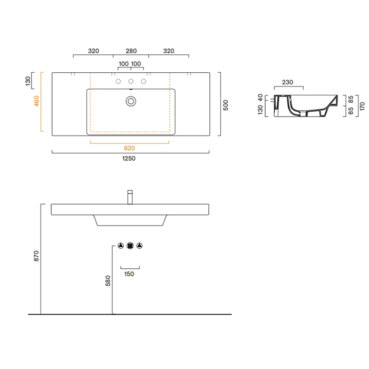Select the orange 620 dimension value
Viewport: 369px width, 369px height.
coord(130,148)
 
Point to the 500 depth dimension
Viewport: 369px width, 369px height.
coord(226,105)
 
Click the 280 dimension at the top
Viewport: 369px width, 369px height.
coord(131,51)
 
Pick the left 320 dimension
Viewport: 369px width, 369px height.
coord(93,51)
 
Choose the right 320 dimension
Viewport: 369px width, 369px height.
coord(169,51)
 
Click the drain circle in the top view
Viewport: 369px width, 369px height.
coord(130,100)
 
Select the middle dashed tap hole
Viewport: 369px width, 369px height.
coord(130,81)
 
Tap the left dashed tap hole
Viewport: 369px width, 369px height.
coord(118,81)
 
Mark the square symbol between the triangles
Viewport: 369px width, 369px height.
coord(130,246)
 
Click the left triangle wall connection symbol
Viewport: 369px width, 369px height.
coord(120,246)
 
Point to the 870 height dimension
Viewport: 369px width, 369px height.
coord(36,256)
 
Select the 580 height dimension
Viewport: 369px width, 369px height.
coord(108,280)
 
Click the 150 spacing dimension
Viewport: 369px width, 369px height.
coord(129,274)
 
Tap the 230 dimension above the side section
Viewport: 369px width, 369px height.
coord(287,82)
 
